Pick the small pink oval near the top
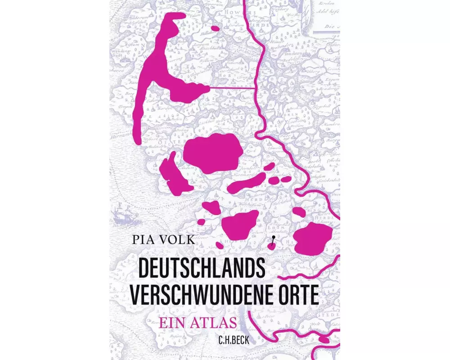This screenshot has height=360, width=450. pyautogui.click(x=216, y=28)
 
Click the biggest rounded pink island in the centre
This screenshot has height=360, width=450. pyautogui.click(x=211, y=153)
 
